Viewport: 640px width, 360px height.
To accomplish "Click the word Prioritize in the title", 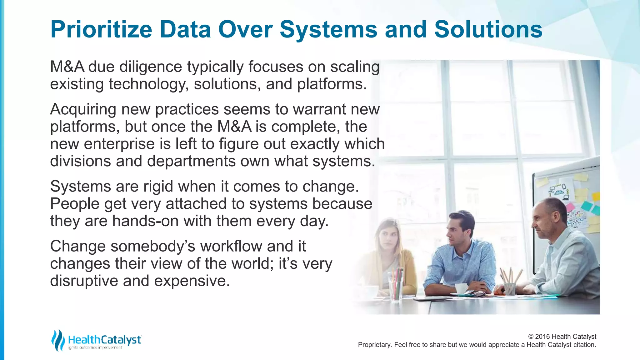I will [101, 30].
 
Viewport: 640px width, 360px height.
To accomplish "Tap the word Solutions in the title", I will [488, 30].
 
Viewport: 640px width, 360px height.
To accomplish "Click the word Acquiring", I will [83, 110].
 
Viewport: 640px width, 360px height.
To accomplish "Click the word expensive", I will [192, 281].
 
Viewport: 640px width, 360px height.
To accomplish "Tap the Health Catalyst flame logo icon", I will [58, 340].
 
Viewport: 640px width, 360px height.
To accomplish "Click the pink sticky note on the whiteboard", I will [571, 207].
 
